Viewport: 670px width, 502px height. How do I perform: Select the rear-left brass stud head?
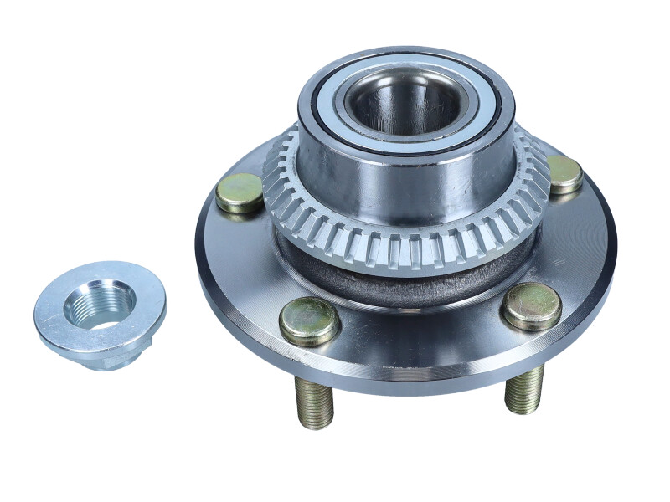pos(240,192)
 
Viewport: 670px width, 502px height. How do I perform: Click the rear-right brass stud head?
pos(564,174)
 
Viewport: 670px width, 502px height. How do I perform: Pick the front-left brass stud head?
pos(309,321)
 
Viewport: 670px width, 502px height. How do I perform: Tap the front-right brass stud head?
pos(531,305)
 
